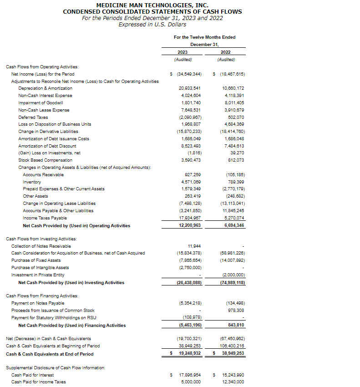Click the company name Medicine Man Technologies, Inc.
tap(152, 5)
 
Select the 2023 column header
tap(183, 52)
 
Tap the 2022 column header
tap(226, 52)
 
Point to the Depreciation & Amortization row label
tap(45, 88)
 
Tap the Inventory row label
tap(32, 182)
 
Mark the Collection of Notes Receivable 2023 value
tap(194, 246)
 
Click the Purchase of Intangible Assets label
tap(40, 268)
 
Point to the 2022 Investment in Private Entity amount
tap(233, 275)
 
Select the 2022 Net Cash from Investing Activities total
tap(232, 283)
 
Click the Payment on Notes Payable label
tap(38, 303)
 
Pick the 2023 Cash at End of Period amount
tap(189, 353)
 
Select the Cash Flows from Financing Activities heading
tap(42, 296)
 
